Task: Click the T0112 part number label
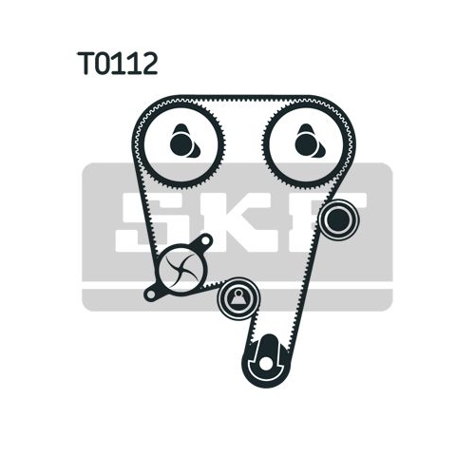(118, 64)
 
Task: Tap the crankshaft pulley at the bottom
(266, 361)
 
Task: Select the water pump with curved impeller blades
(180, 270)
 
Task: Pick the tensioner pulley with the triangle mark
(238, 298)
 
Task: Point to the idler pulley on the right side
(338, 219)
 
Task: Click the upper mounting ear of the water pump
(204, 242)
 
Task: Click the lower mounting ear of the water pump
(151, 294)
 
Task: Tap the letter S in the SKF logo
(146, 222)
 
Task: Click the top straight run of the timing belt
(244, 97)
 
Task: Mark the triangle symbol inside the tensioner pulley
(238, 297)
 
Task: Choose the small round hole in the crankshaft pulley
(265, 365)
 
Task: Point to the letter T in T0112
(86, 64)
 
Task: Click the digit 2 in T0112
(149, 64)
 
